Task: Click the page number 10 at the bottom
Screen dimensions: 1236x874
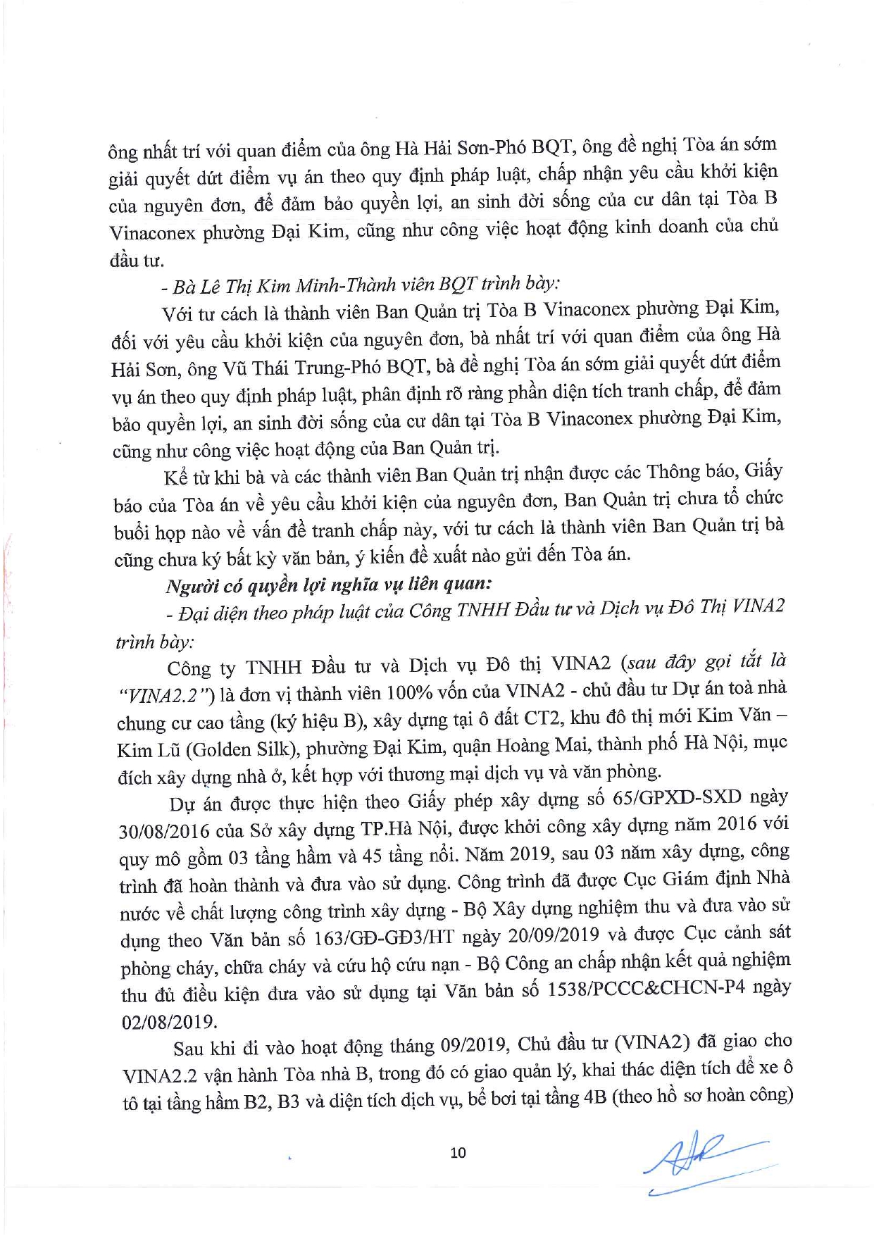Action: click(458, 1152)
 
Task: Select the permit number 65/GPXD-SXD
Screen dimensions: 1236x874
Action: click(677, 797)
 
